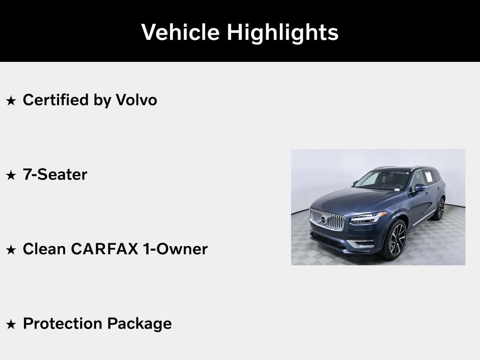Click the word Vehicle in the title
[x=180, y=32]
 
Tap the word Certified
[x=56, y=100]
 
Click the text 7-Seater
[x=55, y=174]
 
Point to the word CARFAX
[x=105, y=249]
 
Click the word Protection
[x=62, y=324]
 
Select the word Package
[x=139, y=324]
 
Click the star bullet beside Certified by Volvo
[x=11, y=100]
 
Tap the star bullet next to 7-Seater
[x=11, y=175]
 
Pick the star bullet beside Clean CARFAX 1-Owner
[x=11, y=250]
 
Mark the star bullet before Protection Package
[x=11, y=324]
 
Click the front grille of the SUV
[x=327, y=219]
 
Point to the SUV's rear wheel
[x=440, y=209]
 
